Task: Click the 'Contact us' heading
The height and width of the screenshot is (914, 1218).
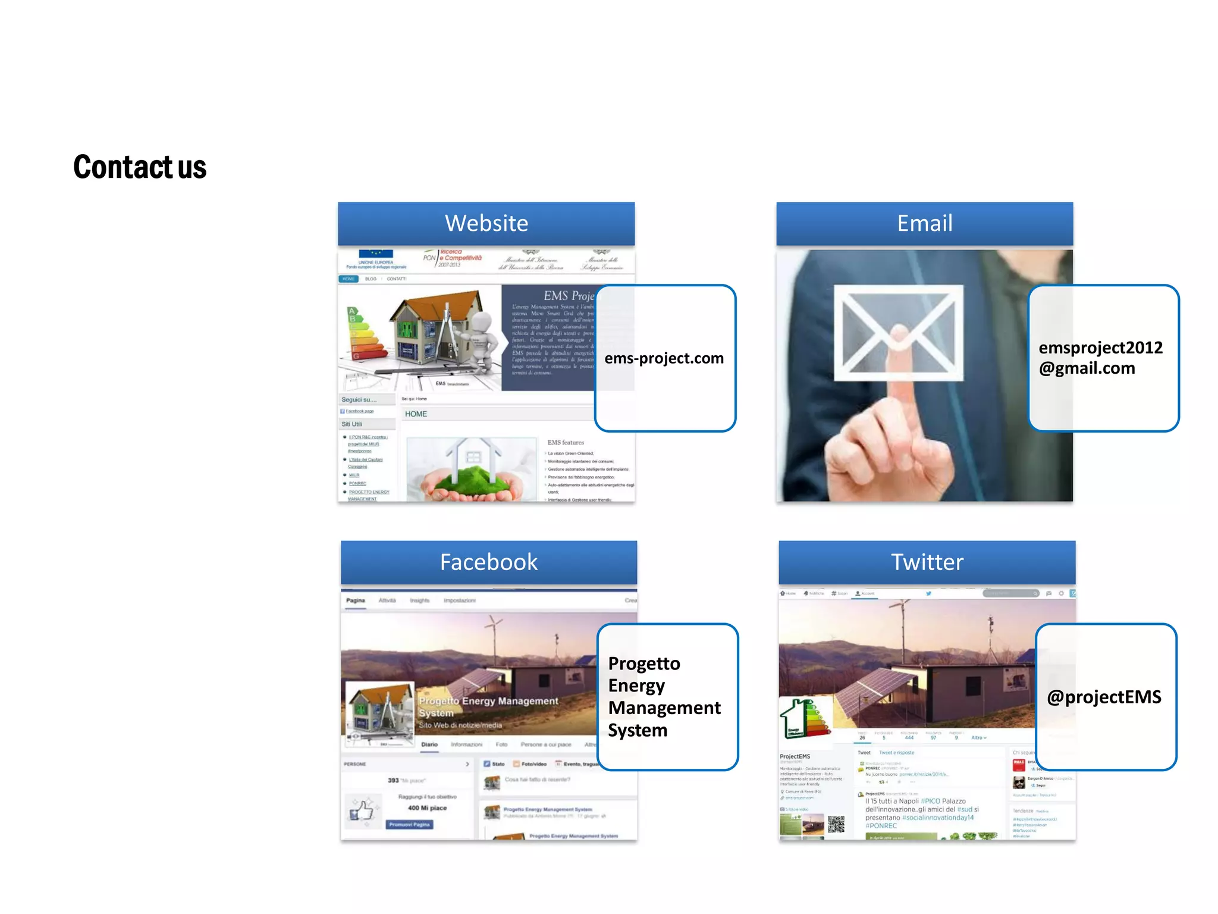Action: [x=140, y=167]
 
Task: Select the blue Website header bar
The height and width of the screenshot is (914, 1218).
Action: [x=486, y=223]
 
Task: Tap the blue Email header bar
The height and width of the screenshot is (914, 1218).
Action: [x=924, y=223]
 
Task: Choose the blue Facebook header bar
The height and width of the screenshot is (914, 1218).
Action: [x=488, y=562]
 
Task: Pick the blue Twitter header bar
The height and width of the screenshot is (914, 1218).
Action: [x=927, y=562]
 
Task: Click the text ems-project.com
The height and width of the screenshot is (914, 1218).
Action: [x=664, y=358]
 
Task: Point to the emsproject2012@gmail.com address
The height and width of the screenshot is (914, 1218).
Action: [x=1100, y=358]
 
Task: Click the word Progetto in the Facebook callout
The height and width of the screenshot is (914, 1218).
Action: [x=644, y=663]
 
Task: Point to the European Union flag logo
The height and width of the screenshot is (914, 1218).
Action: [x=376, y=254]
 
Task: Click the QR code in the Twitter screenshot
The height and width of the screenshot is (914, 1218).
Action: [x=836, y=825]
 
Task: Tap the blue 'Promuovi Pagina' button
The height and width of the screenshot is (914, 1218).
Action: [x=410, y=825]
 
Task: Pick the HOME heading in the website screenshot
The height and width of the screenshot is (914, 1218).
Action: [x=416, y=414]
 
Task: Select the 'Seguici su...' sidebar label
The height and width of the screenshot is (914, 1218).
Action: [x=359, y=400]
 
